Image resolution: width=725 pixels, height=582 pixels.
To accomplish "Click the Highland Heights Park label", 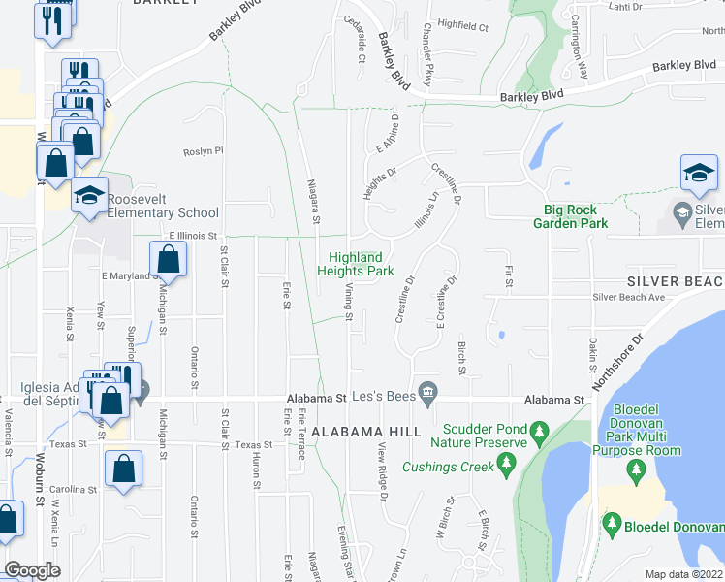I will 361,264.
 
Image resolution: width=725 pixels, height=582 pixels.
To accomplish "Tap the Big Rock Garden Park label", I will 570,216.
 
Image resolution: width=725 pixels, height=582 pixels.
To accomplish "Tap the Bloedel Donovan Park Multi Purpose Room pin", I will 636,472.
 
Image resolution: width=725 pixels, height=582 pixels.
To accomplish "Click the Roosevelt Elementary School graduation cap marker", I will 89,196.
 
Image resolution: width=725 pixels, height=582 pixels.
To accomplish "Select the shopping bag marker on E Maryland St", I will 168,260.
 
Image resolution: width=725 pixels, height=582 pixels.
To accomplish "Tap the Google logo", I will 32,570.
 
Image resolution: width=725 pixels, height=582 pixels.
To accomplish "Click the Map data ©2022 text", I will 684,574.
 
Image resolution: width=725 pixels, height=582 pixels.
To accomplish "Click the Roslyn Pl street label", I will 205,151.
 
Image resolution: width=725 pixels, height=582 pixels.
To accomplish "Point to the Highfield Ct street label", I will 462,26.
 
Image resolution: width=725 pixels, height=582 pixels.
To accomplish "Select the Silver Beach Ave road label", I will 628,298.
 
